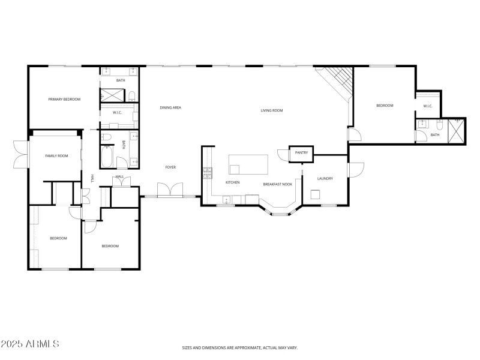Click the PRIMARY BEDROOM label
pos(64,99)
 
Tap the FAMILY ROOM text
pos(56,156)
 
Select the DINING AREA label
pos(170,108)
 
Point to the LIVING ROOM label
pos(271,110)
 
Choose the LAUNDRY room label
pos(325,179)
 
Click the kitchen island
pos(248,163)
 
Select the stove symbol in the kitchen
pos(208,173)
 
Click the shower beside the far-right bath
pos(458,130)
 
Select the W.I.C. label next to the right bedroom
pos(428,106)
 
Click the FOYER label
pos(170,167)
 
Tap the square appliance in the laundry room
pos(316,194)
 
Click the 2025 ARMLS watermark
pos(30,344)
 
